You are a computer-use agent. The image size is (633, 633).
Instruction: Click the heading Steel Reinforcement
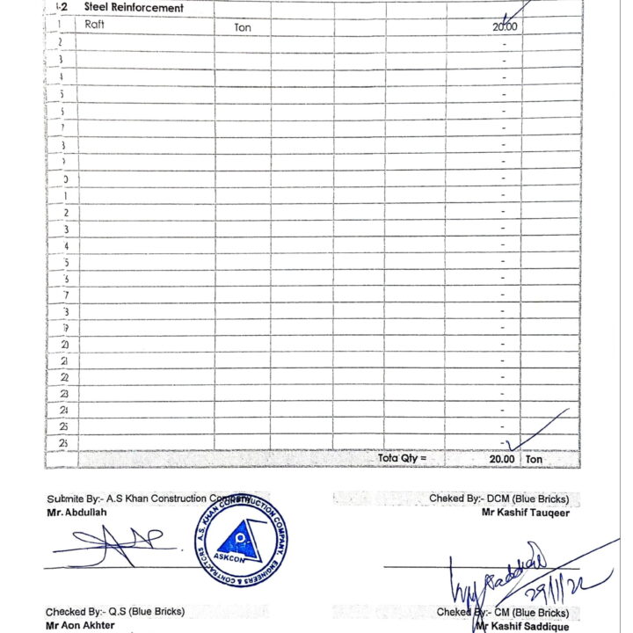pyautogui.click(x=134, y=8)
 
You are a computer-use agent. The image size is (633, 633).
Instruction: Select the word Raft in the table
pyautogui.click(x=95, y=25)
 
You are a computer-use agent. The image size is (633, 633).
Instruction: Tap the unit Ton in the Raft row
pyautogui.click(x=243, y=27)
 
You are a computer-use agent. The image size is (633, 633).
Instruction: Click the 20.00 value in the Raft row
pyautogui.click(x=506, y=26)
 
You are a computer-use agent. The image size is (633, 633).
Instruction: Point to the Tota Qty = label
pyautogui.click(x=402, y=458)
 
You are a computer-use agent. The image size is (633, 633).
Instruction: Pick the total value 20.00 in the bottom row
pyautogui.click(x=501, y=459)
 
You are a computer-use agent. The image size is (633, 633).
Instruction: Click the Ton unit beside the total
pyautogui.click(x=535, y=459)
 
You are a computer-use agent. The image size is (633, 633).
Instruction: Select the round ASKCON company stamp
pyautogui.click(x=242, y=542)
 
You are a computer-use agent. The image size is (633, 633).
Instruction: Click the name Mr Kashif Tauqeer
pyautogui.click(x=525, y=513)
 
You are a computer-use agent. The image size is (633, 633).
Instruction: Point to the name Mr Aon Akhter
pyautogui.click(x=80, y=625)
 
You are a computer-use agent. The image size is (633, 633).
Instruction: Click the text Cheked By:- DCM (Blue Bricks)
pyautogui.click(x=505, y=499)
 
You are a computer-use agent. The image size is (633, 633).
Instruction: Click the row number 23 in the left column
pyautogui.click(x=64, y=393)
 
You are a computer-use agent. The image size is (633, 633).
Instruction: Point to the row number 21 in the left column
pyautogui.click(x=64, y=360)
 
